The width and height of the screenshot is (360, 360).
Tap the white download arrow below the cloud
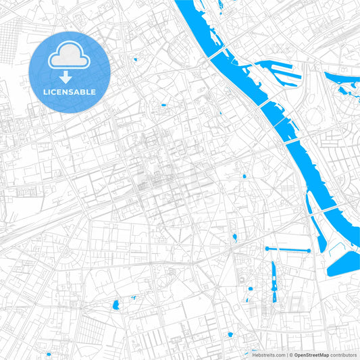[66, 78]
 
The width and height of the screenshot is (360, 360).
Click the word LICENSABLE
[70, 92]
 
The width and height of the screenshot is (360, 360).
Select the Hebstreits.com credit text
[268, 355]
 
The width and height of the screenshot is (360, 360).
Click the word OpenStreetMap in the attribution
[312, 355]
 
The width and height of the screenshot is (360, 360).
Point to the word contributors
[344, 355]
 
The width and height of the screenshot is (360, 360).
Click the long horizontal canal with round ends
[288, 250]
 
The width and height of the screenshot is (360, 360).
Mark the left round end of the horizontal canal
[267, 249]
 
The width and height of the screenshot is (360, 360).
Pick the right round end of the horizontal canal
[309, 251]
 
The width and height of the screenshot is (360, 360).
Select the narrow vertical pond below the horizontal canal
[274, 280]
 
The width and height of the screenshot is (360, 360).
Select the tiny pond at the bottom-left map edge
[49, 353]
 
